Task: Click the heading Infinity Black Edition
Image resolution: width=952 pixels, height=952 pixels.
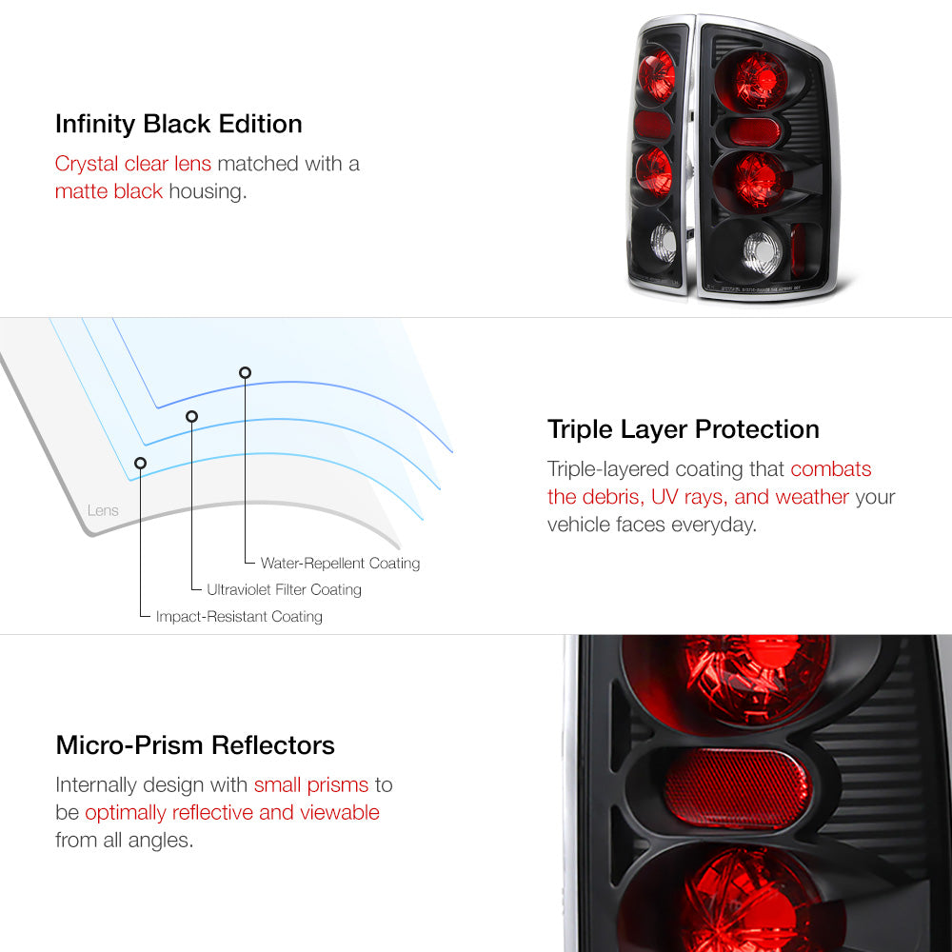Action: tap(179, 125)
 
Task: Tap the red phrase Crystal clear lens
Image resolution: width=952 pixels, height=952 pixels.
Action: tap(133, 164)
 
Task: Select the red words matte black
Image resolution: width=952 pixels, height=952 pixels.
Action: tap(109, 191)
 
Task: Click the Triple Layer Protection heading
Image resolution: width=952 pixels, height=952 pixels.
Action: tap(683, 430)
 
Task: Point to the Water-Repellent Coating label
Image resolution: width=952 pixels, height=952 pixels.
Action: tap(340, 564)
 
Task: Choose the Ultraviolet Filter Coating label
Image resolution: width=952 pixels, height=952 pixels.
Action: tap(284, 589)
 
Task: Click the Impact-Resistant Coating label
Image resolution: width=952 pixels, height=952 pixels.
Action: tap(239, 616)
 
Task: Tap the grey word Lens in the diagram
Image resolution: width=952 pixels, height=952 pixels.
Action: tap(103, 510)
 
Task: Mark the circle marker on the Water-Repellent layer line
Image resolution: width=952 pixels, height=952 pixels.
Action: tap(245, 373)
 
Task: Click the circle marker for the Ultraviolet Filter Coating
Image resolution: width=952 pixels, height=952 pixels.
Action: tap(192, 417)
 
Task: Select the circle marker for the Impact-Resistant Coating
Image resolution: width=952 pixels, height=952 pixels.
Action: tap(140, 464)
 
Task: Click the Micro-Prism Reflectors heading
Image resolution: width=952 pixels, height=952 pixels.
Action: tap(195, 745)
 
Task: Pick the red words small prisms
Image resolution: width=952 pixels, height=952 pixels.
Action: tap(311, 785)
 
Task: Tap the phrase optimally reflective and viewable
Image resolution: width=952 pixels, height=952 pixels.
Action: tap(232, 813)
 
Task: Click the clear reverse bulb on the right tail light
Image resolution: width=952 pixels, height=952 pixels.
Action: tap(763, 253)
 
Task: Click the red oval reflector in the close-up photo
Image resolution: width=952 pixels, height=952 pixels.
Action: tap(737, 787)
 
